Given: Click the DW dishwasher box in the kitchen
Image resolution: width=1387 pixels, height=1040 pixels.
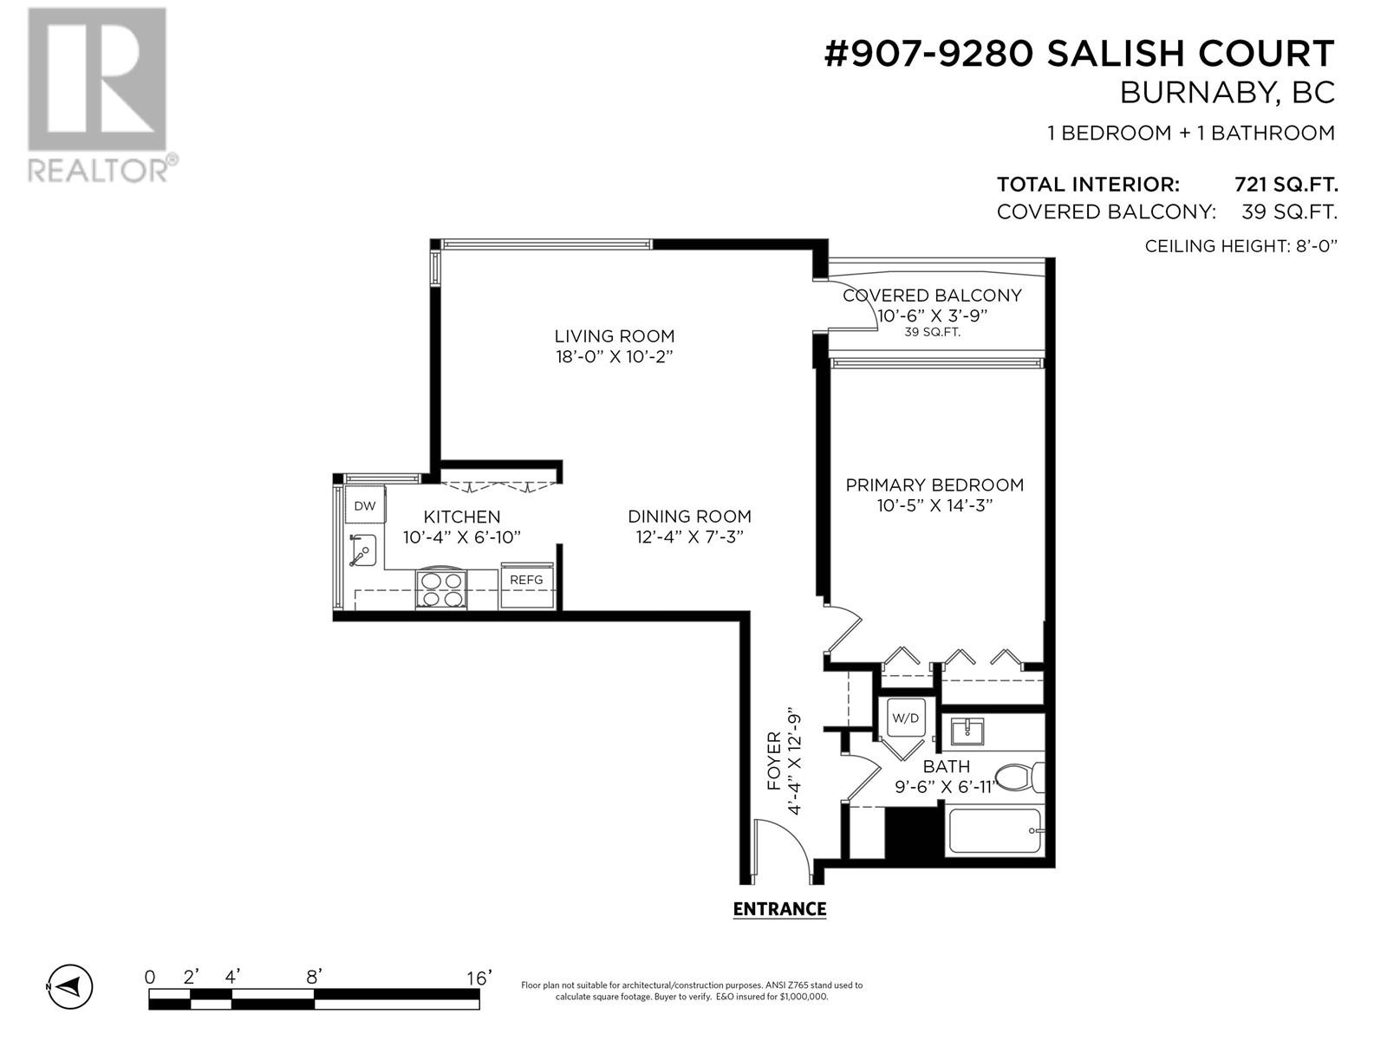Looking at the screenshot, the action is [365, 504].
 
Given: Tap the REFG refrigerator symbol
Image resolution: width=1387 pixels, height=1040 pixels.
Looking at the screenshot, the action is [527, 585].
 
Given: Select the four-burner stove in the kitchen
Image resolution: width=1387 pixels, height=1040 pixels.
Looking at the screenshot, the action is [441, 588].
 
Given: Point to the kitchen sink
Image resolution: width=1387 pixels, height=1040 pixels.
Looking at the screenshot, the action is [362, 551].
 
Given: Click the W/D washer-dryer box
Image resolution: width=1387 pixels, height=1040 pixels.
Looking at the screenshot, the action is [906, 718].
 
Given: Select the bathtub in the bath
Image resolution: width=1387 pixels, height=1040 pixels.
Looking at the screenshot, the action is [995, 831].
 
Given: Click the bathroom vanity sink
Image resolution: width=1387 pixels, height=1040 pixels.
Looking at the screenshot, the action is [967, 731].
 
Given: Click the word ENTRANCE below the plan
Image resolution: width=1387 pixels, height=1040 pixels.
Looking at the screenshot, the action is [779, 908].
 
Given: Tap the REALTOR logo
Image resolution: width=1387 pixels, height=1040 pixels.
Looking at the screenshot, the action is [101, 95].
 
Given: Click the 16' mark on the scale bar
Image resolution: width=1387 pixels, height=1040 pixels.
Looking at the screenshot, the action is [479, 978].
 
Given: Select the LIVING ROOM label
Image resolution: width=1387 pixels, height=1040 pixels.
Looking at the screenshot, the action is [615, 336].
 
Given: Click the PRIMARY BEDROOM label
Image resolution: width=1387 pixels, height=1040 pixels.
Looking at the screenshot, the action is [934, 485].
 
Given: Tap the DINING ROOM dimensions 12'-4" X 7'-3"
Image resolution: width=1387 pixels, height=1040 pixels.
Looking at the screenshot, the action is [689, 536].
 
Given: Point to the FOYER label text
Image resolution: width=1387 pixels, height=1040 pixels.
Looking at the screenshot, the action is [773, 761].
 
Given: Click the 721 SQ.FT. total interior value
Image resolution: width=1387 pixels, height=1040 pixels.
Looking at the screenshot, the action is [1286, 185].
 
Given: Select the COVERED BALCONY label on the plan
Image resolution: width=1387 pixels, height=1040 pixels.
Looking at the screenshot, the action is [932, 296].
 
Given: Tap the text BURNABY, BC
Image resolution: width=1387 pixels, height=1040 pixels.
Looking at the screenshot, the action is [1227, 94].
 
